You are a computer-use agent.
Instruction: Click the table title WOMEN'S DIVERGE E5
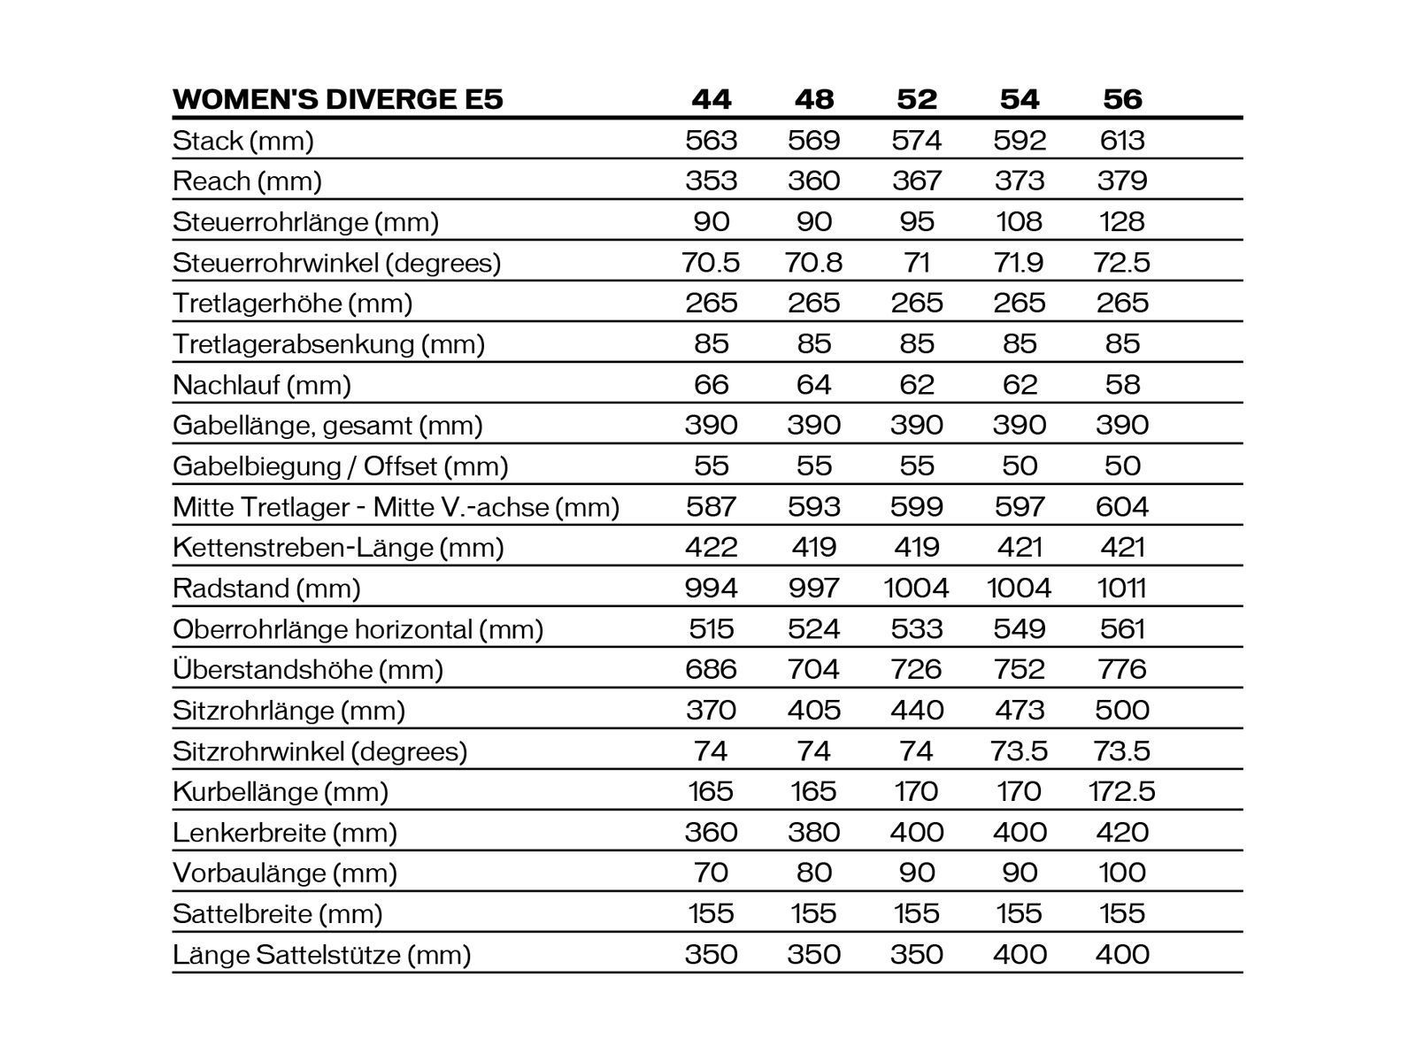(338, 99)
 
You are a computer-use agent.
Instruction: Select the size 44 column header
(712, 99)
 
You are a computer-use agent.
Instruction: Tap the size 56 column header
(1122, 99)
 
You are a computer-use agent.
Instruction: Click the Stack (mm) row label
(243, 141)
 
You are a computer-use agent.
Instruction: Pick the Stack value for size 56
(1122, 140)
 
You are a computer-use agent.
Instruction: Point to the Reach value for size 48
(814, 181)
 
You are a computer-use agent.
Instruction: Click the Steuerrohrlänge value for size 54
(1020, 221)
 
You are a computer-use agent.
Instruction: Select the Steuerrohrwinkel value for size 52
(917, 262)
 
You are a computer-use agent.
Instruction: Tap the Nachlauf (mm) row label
(262, 385)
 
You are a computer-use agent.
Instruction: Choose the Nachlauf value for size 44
(712, 384)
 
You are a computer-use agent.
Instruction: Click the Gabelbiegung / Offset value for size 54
(1020, 466)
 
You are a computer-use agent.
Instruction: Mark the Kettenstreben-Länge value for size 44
(712, 547)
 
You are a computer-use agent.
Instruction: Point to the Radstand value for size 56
(1122, 588)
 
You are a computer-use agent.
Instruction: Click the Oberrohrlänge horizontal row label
(358, 629)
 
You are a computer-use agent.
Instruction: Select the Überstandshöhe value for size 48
(814, 669)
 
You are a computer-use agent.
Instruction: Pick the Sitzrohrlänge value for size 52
(917, 710)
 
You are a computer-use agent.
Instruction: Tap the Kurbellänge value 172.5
(1122, 791)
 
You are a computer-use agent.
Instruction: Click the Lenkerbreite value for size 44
(712, 832)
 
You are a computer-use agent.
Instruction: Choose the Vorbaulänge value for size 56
(1122, 873)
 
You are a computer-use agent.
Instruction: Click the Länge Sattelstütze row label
(321, 955)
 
